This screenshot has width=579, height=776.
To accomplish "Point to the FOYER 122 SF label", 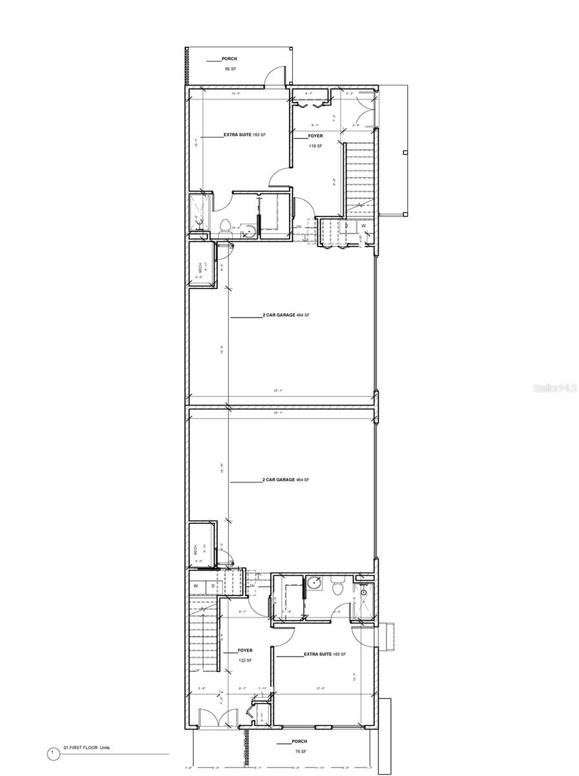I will [x=244, y=655].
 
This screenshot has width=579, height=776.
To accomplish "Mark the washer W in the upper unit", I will [x=363, y=226].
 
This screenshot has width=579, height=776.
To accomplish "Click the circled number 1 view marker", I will [x=52, y=753].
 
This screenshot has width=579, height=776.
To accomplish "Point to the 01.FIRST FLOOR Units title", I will [x=87, y=748].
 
